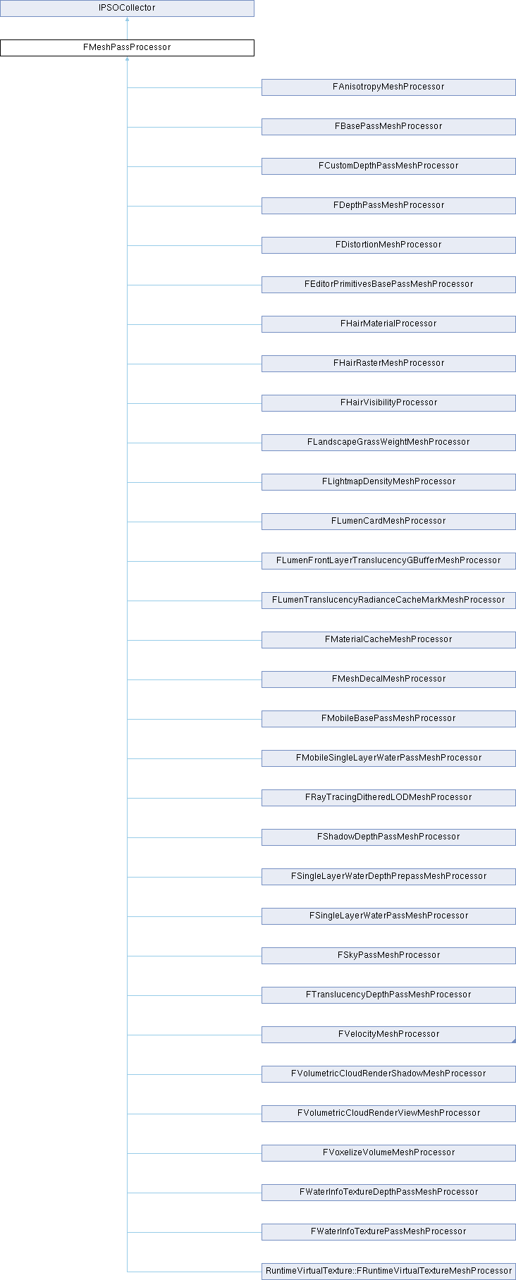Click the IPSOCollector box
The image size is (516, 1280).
(127, 8)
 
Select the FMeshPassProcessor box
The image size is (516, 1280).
(127, 47)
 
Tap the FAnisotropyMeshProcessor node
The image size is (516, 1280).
(388, 87)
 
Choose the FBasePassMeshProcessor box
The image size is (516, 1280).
(388, 126)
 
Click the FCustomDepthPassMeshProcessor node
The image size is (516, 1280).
(388, 166)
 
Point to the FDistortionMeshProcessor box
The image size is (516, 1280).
(388, 245)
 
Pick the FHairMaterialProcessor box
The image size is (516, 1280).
(388, 324)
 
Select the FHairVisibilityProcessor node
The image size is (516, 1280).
(388, 402)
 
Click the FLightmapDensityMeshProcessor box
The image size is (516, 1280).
(388, 481)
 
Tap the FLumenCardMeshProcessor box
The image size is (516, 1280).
(388, 521)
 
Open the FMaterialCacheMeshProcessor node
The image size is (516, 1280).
(388, 639)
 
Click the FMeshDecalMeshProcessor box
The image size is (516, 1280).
(388, 679)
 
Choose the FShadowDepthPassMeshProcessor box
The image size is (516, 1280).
(388, 837)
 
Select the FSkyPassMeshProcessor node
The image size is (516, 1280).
(388, 955)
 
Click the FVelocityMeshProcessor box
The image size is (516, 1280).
(388, 1034)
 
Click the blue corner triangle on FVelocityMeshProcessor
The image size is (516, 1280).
(513, 1040)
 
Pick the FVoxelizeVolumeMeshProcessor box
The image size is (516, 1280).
(388, 1152)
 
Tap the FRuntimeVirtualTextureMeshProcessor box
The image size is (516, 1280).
(388, 1271)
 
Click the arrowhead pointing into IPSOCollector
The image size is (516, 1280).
(127, 20)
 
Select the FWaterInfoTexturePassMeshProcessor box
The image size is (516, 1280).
(388, 1231)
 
